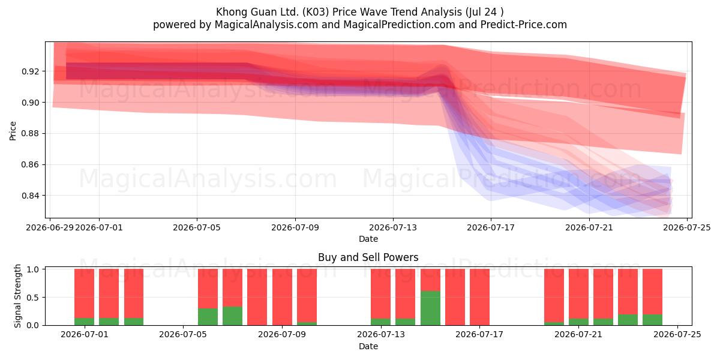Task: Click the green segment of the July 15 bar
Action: tap(430, 308)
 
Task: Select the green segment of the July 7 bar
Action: tap(232, 316)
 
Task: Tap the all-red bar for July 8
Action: tap(257, 297)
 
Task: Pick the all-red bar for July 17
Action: tap(479, 297)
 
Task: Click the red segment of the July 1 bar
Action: tap(84, 293)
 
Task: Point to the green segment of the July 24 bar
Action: tap(653, 320)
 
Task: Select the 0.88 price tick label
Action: tap(31, 133)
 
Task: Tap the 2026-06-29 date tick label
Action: tap(50, 227)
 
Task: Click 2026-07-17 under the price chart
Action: tap(491, 227)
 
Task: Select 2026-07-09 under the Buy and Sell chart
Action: tap(282, 334)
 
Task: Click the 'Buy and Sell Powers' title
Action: tap(368, 257)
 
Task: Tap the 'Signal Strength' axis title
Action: tap(17, 296)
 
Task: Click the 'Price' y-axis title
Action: tap(13, 131)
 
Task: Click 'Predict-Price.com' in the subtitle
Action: tap(524, 25)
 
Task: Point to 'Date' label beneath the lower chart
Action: tap(368, 346)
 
